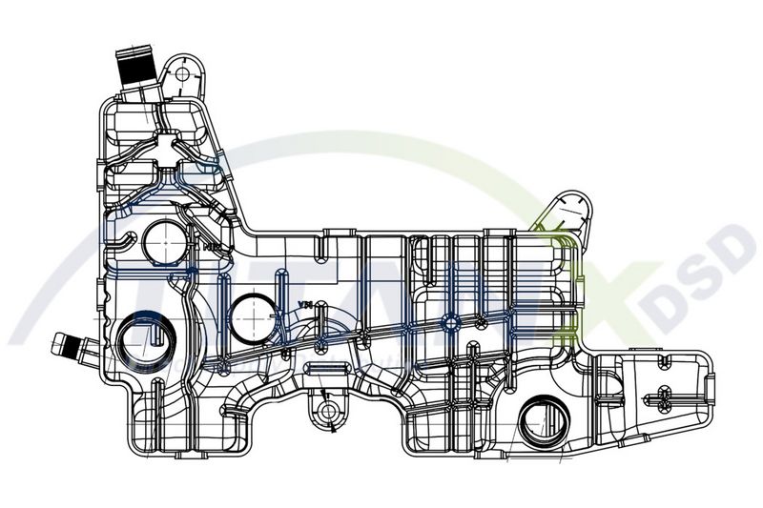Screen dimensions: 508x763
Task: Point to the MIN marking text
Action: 214,247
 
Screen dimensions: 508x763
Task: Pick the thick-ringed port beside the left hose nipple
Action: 146,342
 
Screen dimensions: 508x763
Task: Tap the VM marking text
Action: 305,304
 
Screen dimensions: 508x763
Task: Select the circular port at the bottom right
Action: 545,420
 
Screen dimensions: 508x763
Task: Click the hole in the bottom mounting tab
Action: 329,411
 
